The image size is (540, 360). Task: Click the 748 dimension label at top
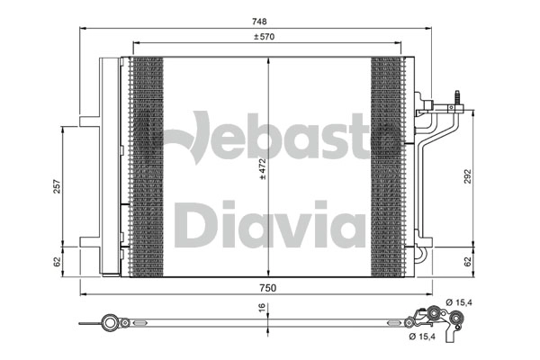[x=259, y=22]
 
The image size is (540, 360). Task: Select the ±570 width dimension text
[x=264, y=37]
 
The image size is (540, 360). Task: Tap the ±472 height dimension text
[x=263, y=169]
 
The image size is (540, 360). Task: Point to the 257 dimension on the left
[x=57, y=186]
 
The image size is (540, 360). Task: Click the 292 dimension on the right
[x=467, y=176]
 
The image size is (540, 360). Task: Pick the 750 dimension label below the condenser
[x=268, y=288]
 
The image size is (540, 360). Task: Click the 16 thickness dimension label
[x=262, y=307]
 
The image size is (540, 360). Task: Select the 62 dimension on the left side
[x=58, y=262]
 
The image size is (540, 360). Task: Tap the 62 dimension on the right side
[x=467, y=262]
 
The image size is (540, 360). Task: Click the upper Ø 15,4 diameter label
[x=459, y=302]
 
